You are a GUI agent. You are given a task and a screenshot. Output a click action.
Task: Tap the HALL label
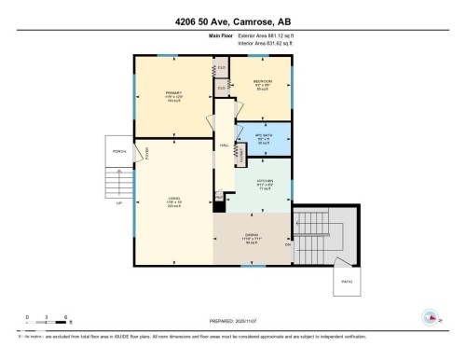(x=224, y=145)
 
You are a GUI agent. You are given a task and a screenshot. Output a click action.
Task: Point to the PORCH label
(x=119, y=151)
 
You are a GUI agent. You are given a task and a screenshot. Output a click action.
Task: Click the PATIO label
(x=347, y=280)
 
